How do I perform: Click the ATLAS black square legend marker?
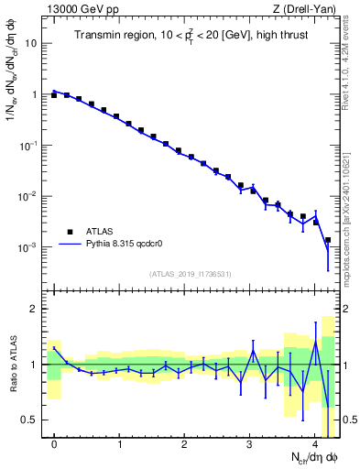(70, 232)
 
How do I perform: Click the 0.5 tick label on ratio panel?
(31, 420)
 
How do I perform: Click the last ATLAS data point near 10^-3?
(328, 240)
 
